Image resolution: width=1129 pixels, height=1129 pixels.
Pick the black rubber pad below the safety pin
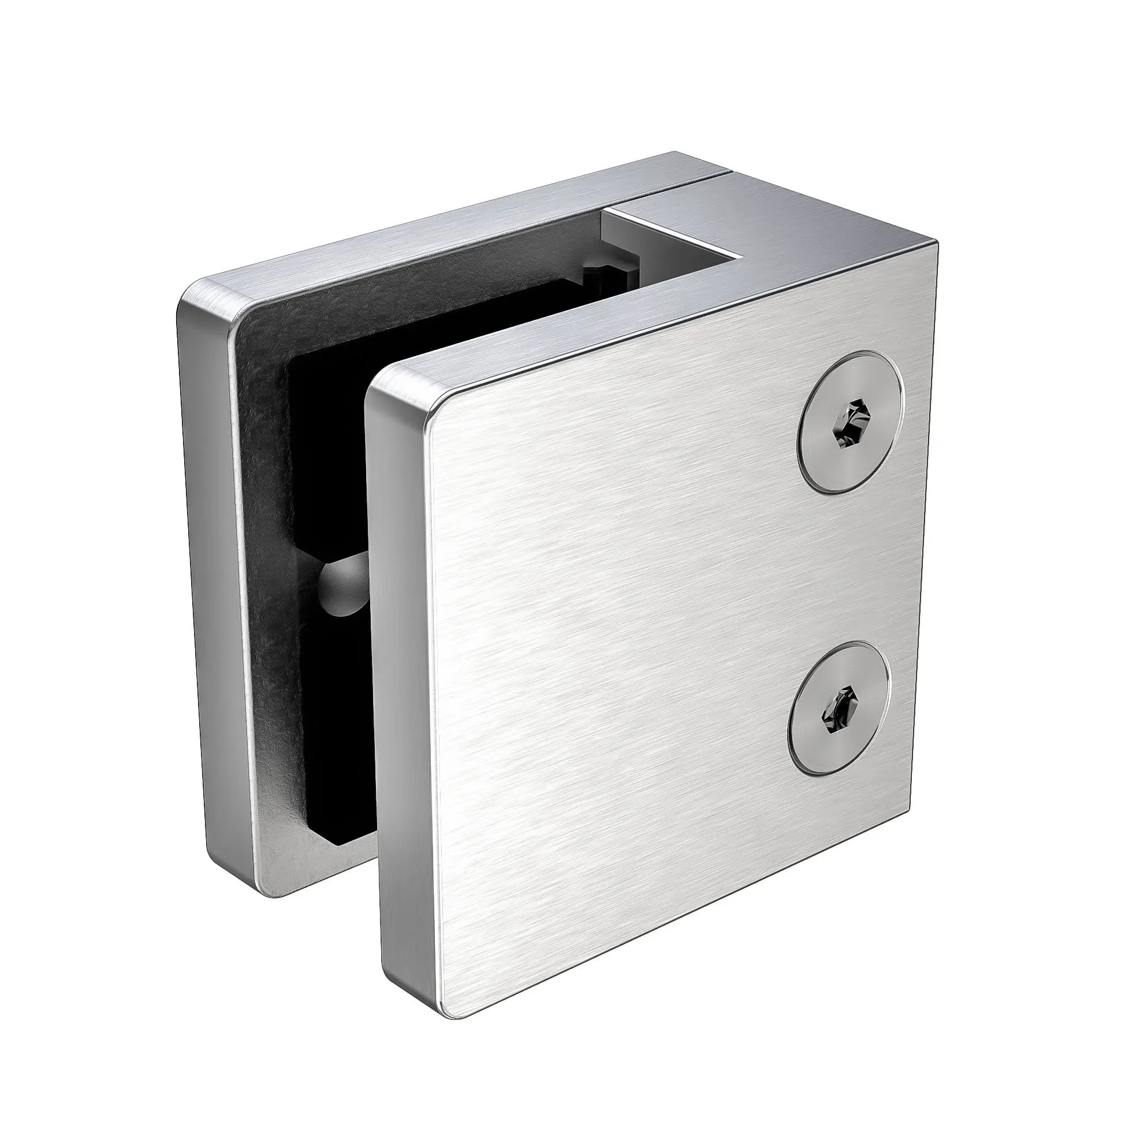[x=339, y=759]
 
